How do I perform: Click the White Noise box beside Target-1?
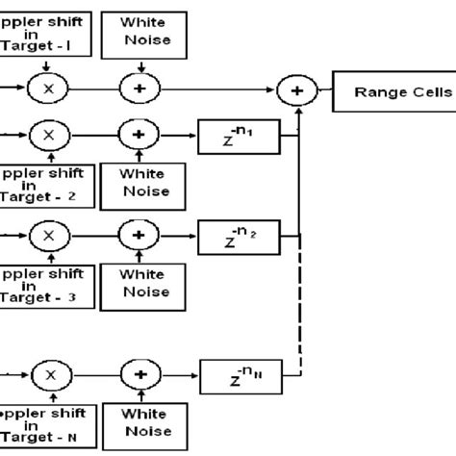(143, 33)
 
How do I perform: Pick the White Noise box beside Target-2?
(143, 185)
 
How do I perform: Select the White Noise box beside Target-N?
(143, 424)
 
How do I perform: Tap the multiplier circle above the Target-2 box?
(44, 136)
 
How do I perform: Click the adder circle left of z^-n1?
(139, 136)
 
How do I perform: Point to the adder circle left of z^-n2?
(139, 235)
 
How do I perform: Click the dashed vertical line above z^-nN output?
(302, 308)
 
